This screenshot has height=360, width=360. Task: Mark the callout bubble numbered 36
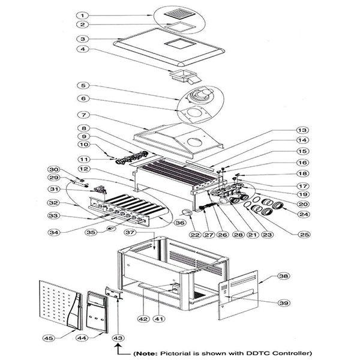[179, 221]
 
